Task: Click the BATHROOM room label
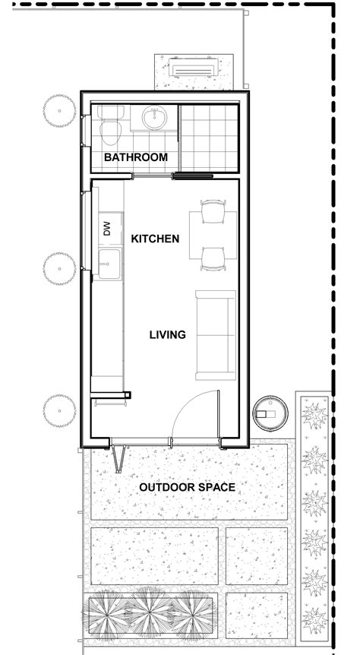click(135, 157)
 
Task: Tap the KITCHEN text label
click(155, 239)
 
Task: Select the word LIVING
click(167, 334)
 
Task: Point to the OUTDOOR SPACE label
click(186, 487)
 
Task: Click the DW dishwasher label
click(106, 228)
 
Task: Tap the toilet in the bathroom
click(111, 128)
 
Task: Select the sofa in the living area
click(216, 334)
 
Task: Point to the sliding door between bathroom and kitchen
click(192, 177)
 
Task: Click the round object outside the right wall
click(268, 413)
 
